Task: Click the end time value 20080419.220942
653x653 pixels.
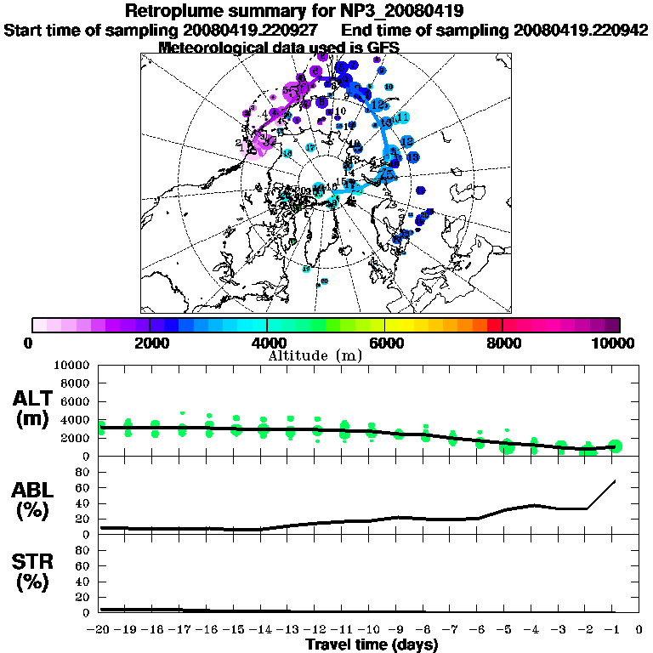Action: [581, 30]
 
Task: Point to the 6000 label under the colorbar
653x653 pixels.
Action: [384, 343]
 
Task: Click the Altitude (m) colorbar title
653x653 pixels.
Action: [315, 355]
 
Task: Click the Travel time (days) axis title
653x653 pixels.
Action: [372, 645]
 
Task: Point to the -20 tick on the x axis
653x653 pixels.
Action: [99, 630]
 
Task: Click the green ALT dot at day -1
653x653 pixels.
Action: [616, 446]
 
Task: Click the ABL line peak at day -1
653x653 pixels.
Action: [615, 481]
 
